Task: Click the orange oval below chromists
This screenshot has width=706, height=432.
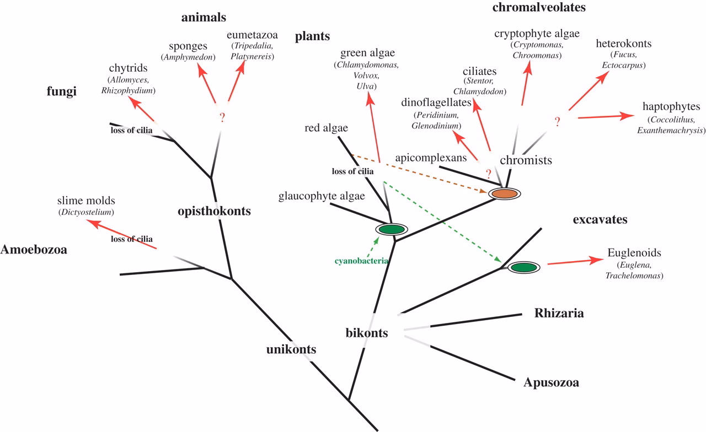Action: point(504,194)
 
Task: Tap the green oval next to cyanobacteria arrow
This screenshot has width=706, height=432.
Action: point(391,229)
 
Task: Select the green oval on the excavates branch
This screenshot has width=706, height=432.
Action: point(523,268)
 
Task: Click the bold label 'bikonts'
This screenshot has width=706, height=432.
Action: point(367,333)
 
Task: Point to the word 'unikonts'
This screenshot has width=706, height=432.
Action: point(291,349)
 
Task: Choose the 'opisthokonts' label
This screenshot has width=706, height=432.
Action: point(215,211)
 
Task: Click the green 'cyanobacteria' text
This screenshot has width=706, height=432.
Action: point(362,261)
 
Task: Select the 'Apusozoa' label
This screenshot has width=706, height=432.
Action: point(551,382)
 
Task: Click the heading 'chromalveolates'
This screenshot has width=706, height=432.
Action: point(531,7)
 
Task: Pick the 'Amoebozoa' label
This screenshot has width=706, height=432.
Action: point(34,250)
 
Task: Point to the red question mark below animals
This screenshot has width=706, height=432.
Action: point(223,117)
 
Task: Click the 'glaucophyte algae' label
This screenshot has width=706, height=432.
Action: point(314,196)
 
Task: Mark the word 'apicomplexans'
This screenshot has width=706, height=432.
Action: point(431,158)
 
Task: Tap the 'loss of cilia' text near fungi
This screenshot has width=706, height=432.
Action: point(131,131)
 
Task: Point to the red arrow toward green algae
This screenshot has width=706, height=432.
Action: point(373,127)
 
